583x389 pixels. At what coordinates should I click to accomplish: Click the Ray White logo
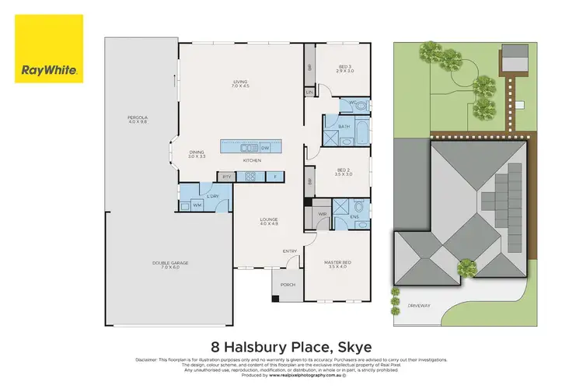click(x=48, y=48)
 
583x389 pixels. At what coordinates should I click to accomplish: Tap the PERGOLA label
click(x=137, y=119)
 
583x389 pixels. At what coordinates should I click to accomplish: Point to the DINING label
click(x=197, y=153)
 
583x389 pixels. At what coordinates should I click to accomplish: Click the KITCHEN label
click(x=251, y=161)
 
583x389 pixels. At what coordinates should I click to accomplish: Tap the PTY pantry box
click(x=227, y=177)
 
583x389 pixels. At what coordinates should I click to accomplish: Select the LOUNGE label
click(x=269, y=220)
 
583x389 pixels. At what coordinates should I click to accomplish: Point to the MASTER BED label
click(x=338, y=263)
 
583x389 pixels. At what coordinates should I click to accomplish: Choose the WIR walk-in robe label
click(x=322, y=213)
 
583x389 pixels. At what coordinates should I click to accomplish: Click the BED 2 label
click(x=344, y=171)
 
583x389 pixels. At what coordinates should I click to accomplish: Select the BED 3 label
click(x=345, y=68)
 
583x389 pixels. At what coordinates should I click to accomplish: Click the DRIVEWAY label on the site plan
click(x=419, y=305)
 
